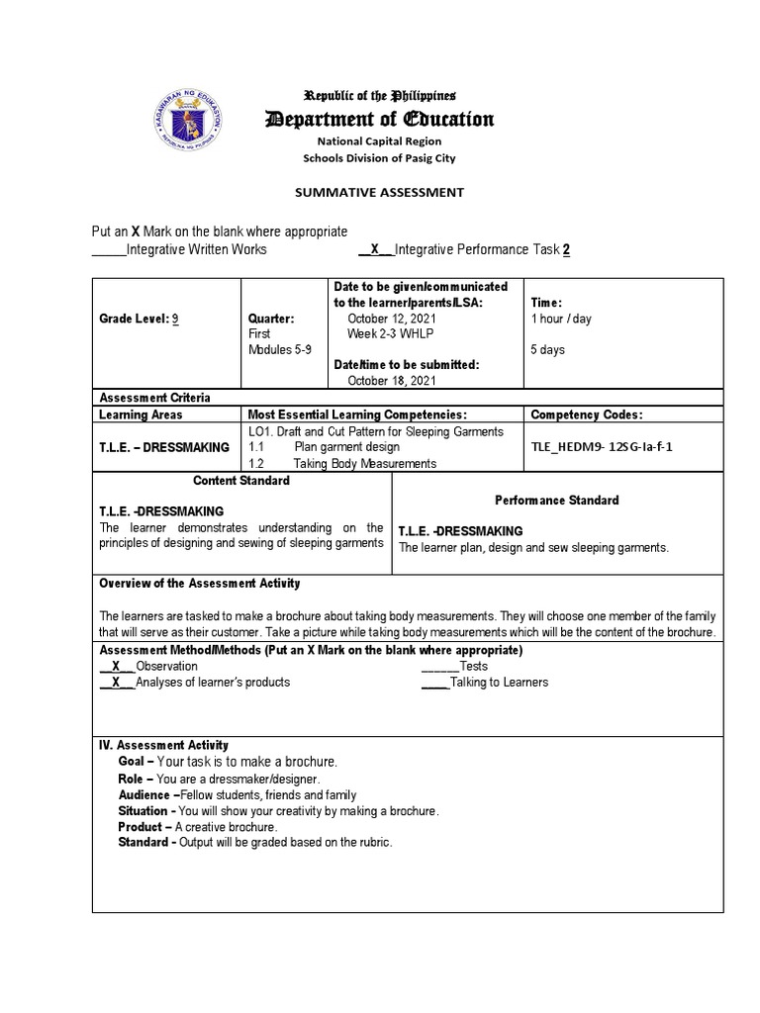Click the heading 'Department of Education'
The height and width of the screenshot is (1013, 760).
pos(380,120)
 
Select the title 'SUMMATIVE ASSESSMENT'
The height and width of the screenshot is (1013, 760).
pos(380,192)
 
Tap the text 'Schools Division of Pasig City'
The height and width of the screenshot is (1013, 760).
pos(380,157)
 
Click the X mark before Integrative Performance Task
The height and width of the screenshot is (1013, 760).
pos(374,249)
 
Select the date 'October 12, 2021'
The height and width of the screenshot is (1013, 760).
pos(393,319)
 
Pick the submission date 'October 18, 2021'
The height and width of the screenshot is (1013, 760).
pos(393,381)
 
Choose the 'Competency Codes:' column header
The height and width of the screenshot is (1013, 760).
pos(587,414)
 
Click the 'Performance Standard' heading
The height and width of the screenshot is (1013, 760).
pos(557,500)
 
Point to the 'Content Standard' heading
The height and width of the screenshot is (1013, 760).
pos(241,481)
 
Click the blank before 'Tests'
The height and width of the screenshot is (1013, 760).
pos(439,667)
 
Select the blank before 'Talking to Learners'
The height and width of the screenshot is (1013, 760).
pos(434,682)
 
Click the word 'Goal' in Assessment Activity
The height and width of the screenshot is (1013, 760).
pos(134,762)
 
